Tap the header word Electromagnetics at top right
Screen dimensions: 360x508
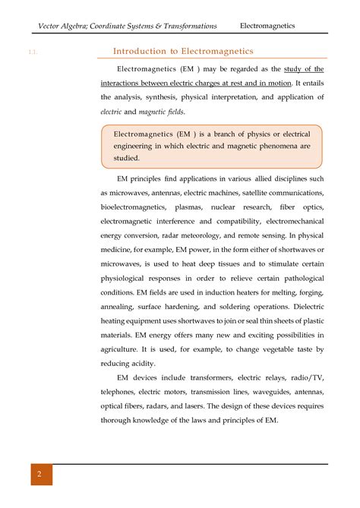pos(267,26)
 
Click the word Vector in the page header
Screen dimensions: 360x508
pos(52,26)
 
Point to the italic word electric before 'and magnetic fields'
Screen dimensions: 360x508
pos(112,112)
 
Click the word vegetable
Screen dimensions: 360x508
pos(270,349)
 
